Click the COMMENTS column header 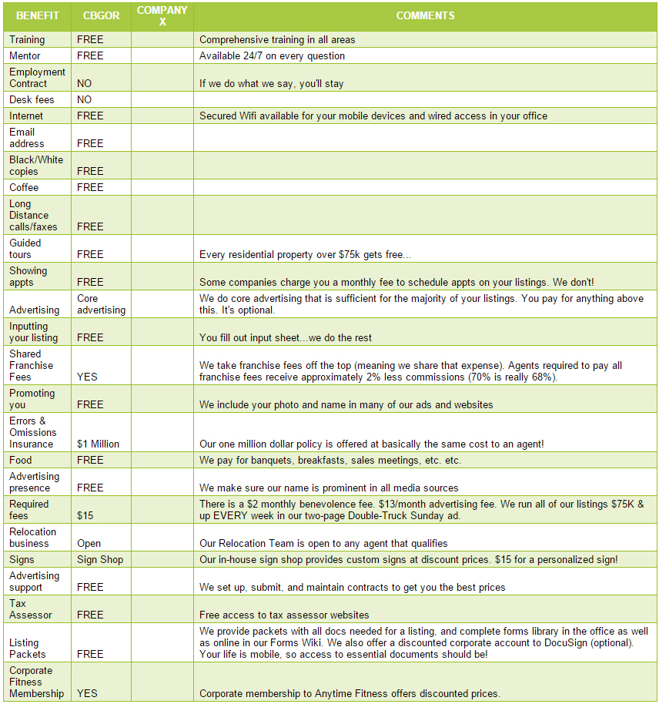pyautogui.click(x=425, y=15)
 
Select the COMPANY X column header pyautogui.click(x=162, y=15)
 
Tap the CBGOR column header pyautogui.click(x=101, y=15)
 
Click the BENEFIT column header pyautogui.click(x=38, y=15)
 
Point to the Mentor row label pyautogui.click(x=25, y=55)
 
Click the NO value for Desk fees pyautogui.click(x=85, y=99)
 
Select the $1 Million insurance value pyautogui.click(x=99, y=444)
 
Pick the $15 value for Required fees pyautogui.click(x=85, y=515)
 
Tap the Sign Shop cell pyautogui.click(x=100, y=559)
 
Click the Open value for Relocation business pyautogui.click(x=89, y=543)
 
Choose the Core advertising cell pyautogui.click(x=101, y=303)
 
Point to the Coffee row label pyautogui.click(x=24, y=187)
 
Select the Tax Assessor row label pyautogui.click(x=31, y=608)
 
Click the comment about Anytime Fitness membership pyautogui.click(x=350, y=693)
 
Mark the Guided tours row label pyautogui.click(x=26, y=248)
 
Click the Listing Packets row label pyautogui.click(x=28, y=648)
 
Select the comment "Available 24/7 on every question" pyautogui.click(x=272, y=55)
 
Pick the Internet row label pyautogui.click(x=26, y=116)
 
